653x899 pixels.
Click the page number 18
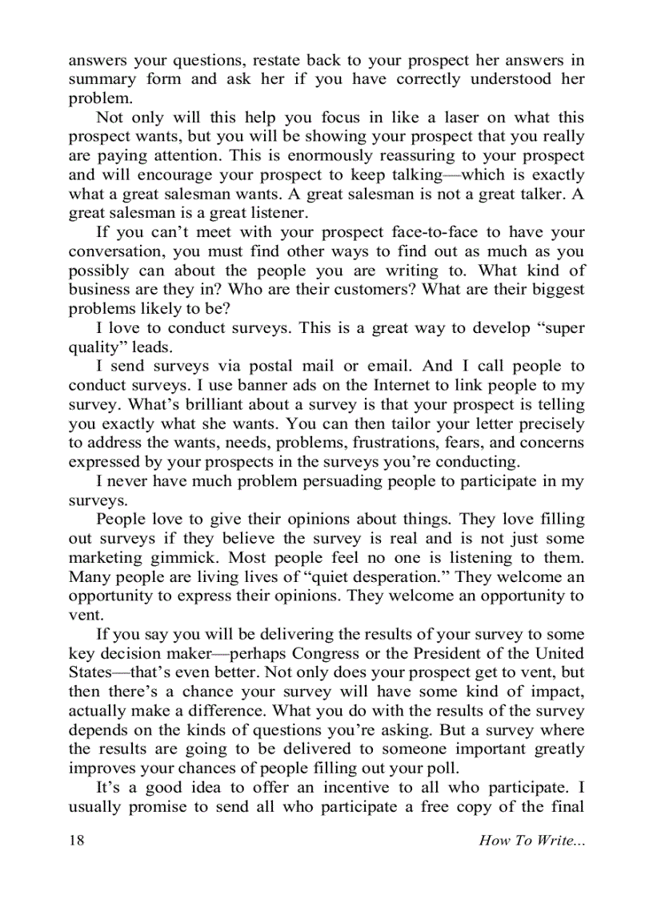pos(76,840)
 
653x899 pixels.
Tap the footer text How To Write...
pos(531,840)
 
